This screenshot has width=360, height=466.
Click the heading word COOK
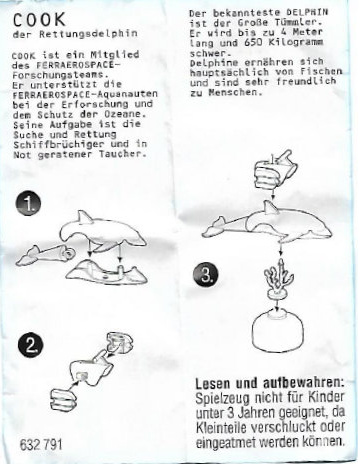39,20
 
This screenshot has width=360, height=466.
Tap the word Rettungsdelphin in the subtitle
88,34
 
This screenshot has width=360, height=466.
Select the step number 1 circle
28,205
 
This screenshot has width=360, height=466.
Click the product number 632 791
41,444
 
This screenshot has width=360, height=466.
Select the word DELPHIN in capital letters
307,12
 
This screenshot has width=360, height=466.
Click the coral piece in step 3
277,279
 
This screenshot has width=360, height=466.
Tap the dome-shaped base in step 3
278,330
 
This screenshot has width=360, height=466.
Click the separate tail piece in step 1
44,255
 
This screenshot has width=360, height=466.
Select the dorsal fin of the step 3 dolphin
271,208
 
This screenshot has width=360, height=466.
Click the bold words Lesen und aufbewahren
270,383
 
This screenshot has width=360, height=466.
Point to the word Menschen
233,92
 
